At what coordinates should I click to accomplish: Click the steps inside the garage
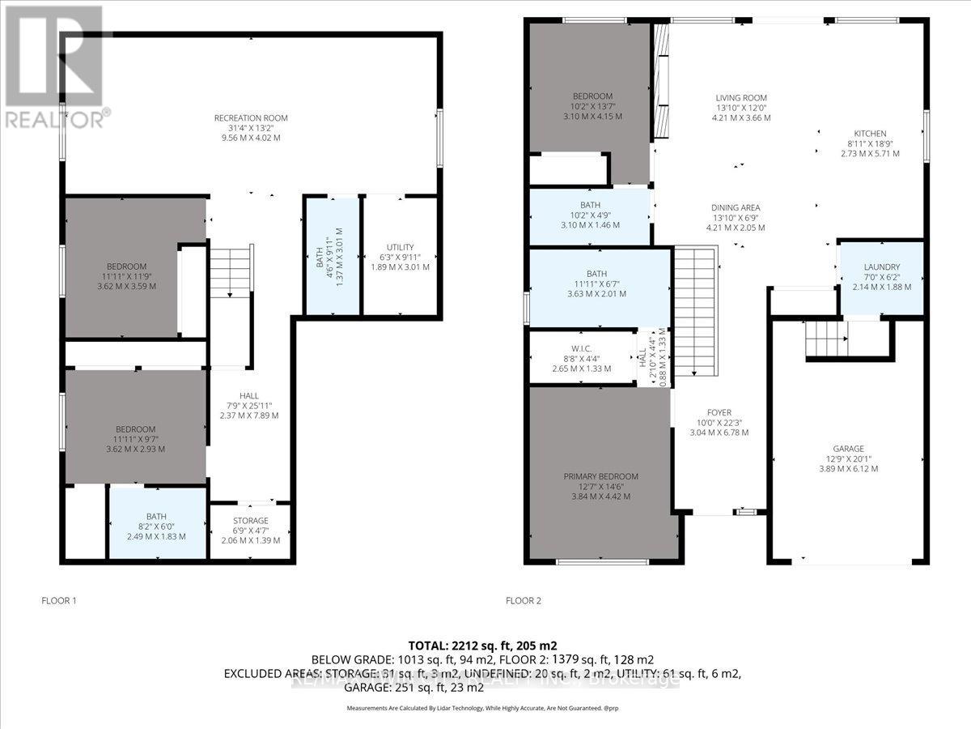click(x=826, y=338)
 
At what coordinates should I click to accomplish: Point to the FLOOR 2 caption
click(x=523, y=601)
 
